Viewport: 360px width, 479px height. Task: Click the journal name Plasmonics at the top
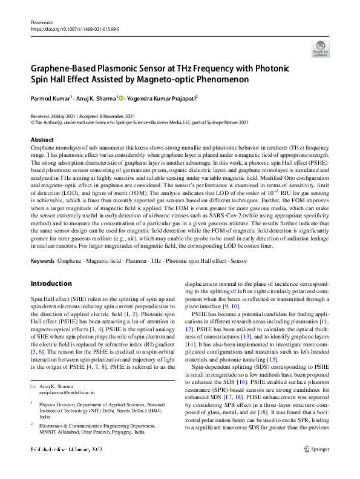tap(41, 21)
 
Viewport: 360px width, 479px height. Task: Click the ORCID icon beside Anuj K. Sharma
tap(120, 97)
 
